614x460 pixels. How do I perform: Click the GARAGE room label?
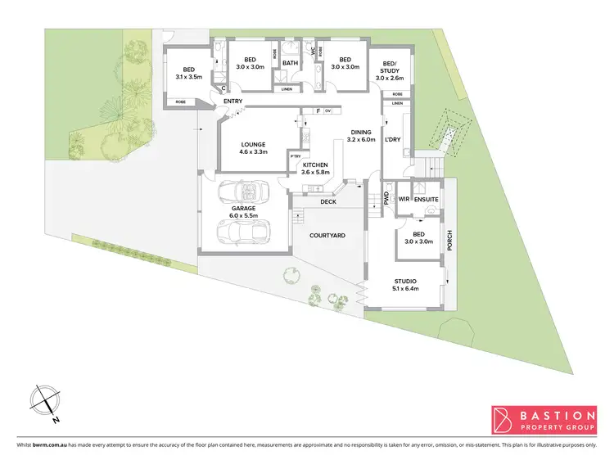pos(243,209)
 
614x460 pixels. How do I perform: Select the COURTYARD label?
pos(327,236)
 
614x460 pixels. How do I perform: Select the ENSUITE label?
pos(426,198)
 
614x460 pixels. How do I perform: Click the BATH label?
pos(290,62)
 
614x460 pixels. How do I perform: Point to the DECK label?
pos(328,201)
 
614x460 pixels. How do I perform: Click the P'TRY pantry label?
pos(296,156)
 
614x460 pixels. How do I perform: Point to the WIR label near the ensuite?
pos(404,198)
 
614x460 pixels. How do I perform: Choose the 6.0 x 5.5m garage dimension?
pos(243,217)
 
